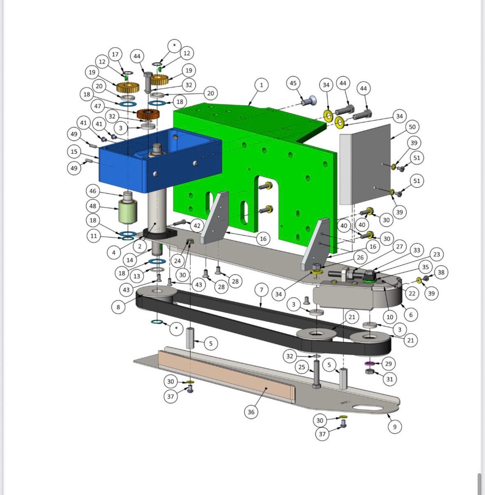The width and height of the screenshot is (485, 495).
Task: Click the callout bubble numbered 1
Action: (x=261, y=85)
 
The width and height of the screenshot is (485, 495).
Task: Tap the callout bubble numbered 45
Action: (x=293, y=83)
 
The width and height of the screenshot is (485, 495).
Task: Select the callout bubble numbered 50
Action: (x=412, y=127)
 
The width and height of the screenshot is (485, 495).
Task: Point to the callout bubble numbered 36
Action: (x=251, y=412)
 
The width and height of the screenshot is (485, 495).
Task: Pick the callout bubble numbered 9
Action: (x=395, y=427)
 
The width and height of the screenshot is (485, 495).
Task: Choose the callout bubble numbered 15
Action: (x=74, y=151)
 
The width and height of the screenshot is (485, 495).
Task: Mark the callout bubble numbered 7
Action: (x=262, y=290)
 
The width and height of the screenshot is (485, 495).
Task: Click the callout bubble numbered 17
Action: (x=115, y=54)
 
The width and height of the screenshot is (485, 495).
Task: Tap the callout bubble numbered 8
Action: (x=118, y=307)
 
